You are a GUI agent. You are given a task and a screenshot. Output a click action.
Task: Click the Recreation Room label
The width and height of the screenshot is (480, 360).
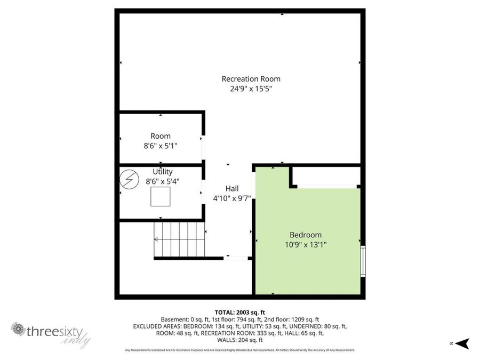tap(251, 79)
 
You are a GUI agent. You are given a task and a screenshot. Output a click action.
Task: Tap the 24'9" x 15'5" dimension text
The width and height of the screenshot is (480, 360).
tap(251, 89)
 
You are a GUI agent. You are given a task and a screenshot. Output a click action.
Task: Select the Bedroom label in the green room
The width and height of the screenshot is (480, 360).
tap(306, 235)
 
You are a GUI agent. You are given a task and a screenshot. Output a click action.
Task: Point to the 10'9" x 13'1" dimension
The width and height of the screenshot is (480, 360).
tap(306, 245)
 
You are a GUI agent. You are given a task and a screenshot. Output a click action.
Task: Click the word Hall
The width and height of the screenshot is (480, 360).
tap(231, 188)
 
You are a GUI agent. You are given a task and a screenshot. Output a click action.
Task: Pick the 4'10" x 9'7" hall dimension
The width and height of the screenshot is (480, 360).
tap(231, 198)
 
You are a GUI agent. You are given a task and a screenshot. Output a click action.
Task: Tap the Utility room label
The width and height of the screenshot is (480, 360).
tap(163, 172)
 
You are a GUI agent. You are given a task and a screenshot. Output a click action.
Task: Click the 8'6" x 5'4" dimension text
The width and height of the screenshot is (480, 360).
tap(163, 181)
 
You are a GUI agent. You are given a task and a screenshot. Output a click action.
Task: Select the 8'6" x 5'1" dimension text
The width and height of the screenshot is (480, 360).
tap(161, 146)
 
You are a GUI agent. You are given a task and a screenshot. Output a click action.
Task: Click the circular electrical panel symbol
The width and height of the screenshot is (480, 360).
tap(128, 179)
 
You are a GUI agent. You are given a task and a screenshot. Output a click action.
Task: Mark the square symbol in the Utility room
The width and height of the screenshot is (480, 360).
tap(160, 197)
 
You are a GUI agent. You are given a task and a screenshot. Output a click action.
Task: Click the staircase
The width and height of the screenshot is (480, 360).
tap(180, 239)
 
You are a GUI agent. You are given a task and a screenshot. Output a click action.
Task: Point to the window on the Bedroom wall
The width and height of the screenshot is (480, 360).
tap(363, 261)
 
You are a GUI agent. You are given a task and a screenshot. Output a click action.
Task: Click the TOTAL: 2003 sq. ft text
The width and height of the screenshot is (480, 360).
tap(239, 313)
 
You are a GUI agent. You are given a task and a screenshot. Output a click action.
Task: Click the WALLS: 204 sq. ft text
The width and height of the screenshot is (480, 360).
tap(240, 340)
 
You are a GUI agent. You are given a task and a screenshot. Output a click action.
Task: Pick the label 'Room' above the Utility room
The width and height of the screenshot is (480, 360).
tap(161, 136)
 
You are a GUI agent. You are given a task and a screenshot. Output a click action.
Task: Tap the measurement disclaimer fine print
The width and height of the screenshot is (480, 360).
tap(239, 350)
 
